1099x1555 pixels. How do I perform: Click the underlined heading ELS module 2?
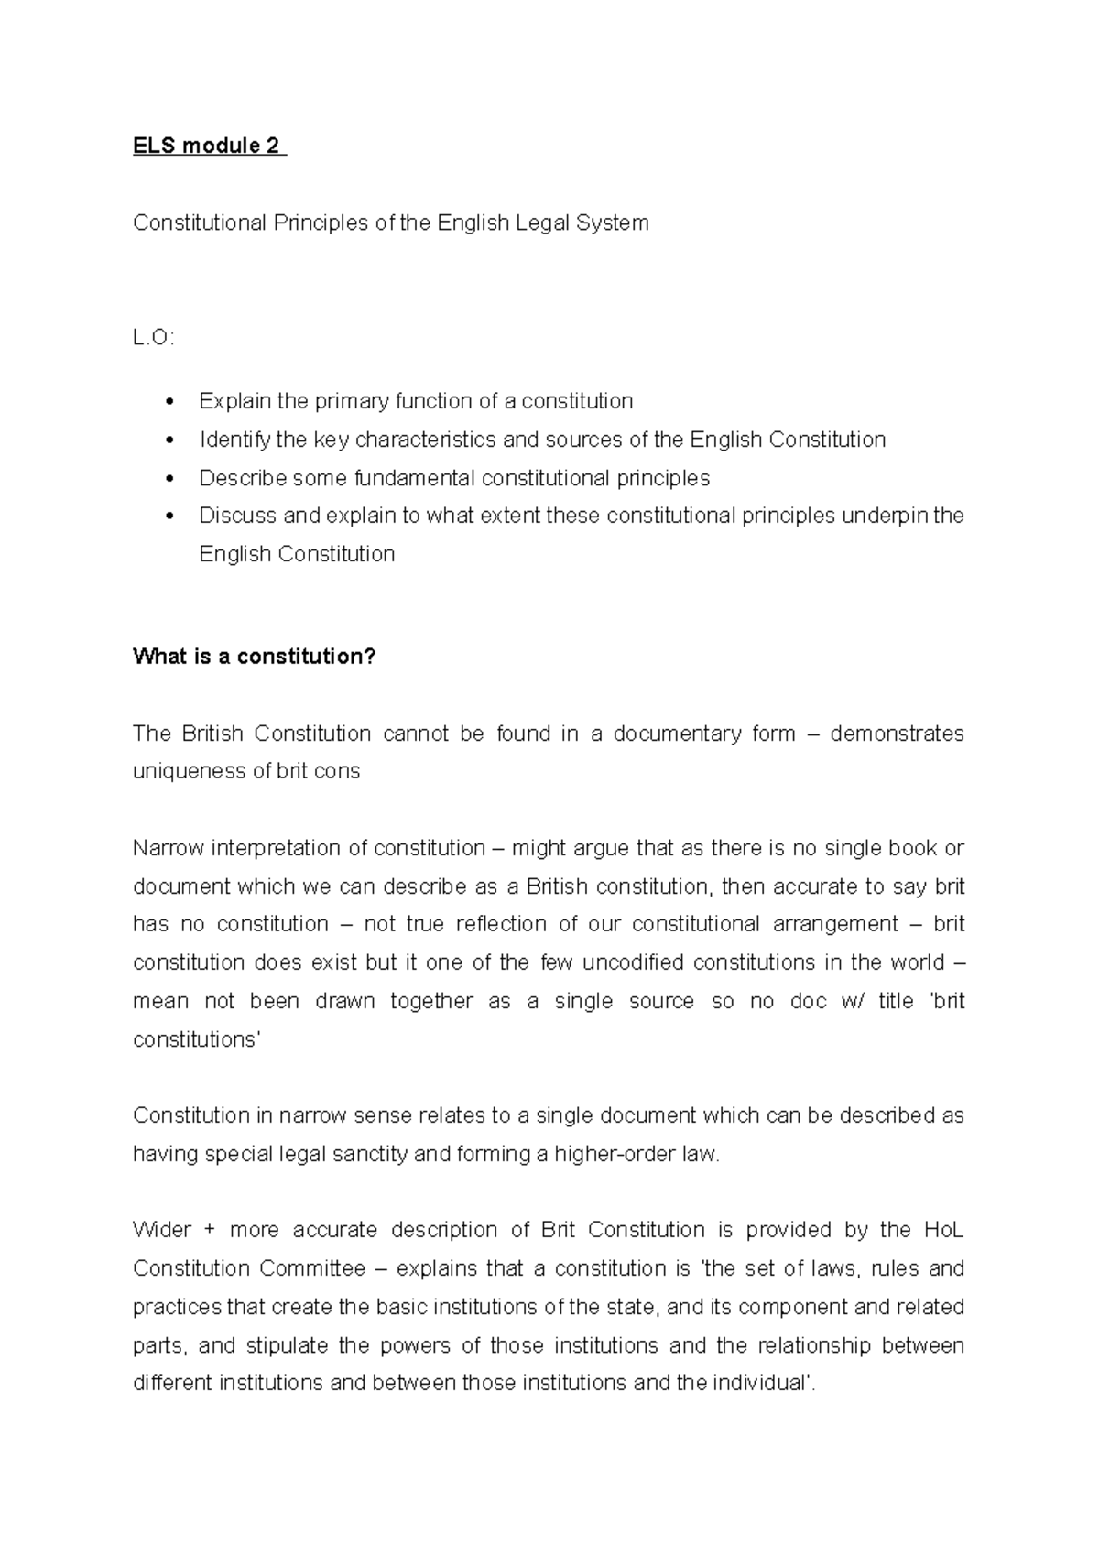[208, 147]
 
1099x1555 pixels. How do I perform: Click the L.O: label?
[152, 338]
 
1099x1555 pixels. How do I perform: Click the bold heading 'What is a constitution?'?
[254, 657]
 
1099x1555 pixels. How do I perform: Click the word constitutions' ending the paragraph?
[196, 1039]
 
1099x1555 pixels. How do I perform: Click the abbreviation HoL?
[943, 1230]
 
